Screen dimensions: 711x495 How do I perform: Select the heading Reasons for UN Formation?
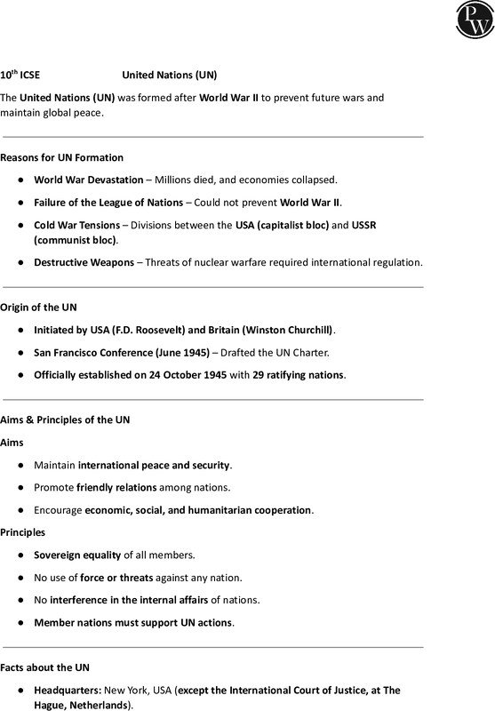[x=61, y=157]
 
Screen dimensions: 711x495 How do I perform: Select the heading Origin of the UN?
[x=39, y=308]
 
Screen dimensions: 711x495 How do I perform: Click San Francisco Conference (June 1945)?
[x=122, y=352]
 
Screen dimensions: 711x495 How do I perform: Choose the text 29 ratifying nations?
[x=298, y=374]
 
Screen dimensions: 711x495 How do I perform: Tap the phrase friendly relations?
[x=117, y=487]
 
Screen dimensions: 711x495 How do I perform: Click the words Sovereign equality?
[x=77, y=555]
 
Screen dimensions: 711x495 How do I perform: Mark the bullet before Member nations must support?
[x=20, y=622]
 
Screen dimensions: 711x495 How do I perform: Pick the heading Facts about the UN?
[x=45, y=667]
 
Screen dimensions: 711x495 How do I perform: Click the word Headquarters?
[x=68, y=690]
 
